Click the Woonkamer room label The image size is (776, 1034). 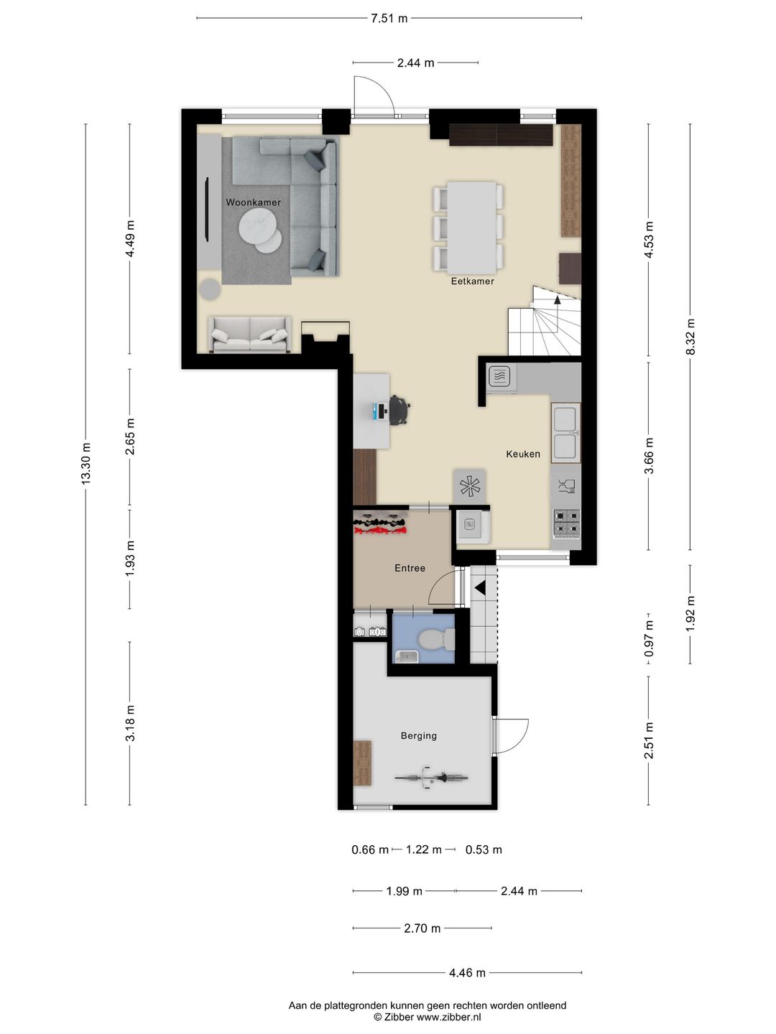(253, 202)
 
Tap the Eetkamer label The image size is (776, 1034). (472, 281)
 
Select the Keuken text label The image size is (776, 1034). (523, 454)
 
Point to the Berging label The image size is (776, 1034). (418, 736)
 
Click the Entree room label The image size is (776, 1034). (410, 568)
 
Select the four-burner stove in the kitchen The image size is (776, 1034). (566, 523)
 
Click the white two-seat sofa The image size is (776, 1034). (249, 335)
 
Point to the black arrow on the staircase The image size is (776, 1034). (558, 300)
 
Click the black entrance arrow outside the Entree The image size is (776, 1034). (480, 588)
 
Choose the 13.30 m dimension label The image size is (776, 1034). (86, 464)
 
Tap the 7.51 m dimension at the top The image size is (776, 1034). (389, 19)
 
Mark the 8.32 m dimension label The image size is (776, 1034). (690, 337)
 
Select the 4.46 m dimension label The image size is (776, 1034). (467, 973)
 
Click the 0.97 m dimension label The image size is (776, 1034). (649, 639)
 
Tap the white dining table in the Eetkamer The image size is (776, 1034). (471, 228)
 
